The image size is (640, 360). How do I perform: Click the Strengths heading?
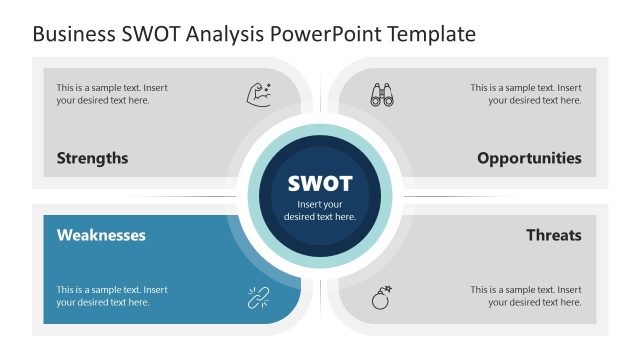click(92, 158)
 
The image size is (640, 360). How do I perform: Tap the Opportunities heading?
click(529, 158)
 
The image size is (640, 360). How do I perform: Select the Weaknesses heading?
click(101, 236)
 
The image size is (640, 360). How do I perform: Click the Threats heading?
click(554, 236)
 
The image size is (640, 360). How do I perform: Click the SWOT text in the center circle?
click(320, 184)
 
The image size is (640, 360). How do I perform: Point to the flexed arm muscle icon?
click(259, 95)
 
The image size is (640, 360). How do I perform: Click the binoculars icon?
click(382, 95)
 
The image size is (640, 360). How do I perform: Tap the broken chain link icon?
click(259, 296)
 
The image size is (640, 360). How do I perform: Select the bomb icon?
click(382, 297)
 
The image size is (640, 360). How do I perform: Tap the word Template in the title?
click(429, 35)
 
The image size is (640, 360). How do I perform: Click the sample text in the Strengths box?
click(112, 94)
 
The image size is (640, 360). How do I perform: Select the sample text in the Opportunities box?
click(526, 94)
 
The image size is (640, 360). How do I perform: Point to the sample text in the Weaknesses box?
click(112, 296)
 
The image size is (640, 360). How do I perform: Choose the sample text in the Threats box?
click(526, 296)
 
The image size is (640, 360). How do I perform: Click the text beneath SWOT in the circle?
click(320, 211)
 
